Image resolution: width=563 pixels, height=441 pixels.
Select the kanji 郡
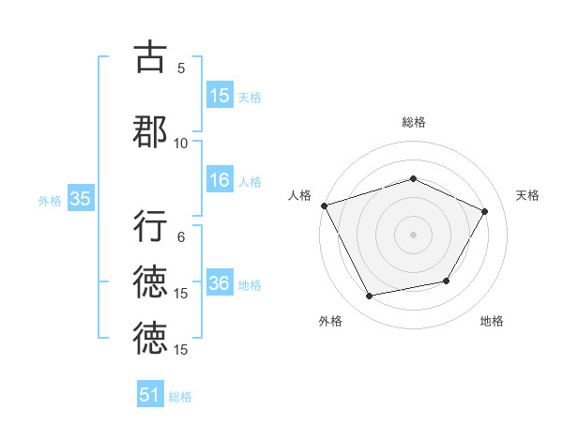click(x=150, y=131)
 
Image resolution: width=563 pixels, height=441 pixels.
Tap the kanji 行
click(x=150, y=226)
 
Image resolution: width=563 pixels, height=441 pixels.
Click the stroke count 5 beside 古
click(x=181, y=68)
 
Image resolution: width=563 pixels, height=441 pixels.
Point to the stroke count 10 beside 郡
click(x=181, y=143)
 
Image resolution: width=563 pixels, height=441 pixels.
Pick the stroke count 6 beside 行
click(x=181, y=237)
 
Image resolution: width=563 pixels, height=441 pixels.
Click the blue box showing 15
click(x=220, y=96)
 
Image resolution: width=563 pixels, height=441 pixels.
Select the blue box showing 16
click(x=220, y=180)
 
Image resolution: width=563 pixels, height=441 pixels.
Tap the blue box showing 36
click(x=220, y=283)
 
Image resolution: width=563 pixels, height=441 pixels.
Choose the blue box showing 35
click(x=80, y=199)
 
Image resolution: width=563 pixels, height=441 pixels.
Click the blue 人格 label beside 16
click(x=250, y=182)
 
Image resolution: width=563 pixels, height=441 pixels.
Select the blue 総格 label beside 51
click(x=180, y=397)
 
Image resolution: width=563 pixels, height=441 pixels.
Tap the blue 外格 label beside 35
click(x=50, y=200)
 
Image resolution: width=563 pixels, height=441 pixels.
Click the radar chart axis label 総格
click(x=413, y=122)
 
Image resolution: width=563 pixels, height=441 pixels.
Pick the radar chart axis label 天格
click(x=527, y=195)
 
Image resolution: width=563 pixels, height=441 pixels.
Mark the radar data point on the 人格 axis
click(x=324, y=205)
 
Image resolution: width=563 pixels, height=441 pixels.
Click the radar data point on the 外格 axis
click(x=369, y=297)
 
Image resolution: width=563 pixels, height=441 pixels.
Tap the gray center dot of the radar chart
click(x=413, y=234)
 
